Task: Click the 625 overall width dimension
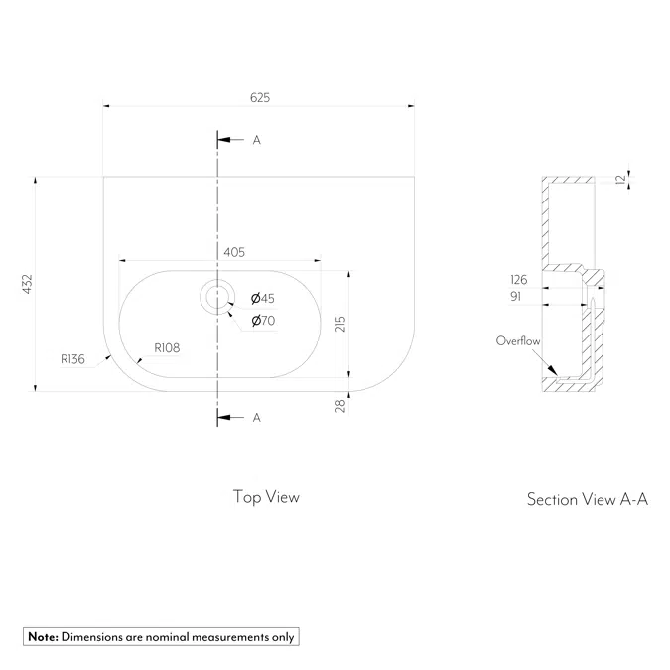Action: [260, 97]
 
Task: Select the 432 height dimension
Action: [29, 284]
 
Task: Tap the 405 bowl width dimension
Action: [234, 253]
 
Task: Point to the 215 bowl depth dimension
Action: [340, 325]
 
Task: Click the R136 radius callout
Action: [72, 359]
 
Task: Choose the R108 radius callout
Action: [165, 348]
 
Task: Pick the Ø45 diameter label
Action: [263, 298]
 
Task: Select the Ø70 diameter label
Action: [263, 320]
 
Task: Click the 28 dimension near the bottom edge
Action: [340, 404]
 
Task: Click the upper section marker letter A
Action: [256, 140]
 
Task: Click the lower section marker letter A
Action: [256, 418]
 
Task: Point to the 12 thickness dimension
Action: [620, 179]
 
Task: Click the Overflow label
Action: [518, 341]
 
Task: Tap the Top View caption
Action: [266, 496]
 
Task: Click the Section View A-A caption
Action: [587, 499]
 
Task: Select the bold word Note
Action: [43, 637]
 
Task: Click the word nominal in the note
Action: [163, 637]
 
